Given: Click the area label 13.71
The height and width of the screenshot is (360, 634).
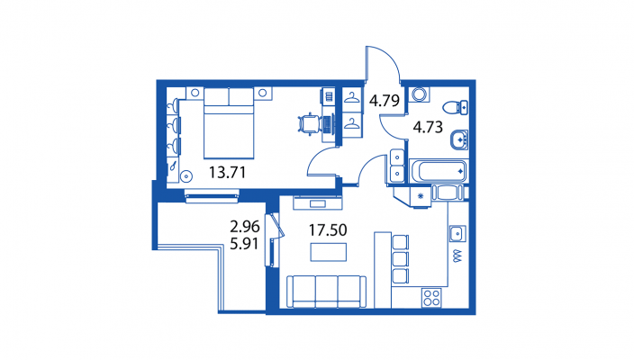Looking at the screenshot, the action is click(227, 173).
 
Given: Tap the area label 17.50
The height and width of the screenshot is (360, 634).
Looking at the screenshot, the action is click(328, 229).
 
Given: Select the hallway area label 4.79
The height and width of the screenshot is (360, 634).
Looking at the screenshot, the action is click(385, 100).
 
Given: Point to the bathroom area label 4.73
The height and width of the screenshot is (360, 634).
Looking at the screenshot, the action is click(428, 127).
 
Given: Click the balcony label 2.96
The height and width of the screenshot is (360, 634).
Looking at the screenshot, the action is click(245, 227).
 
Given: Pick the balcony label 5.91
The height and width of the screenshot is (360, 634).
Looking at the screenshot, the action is click(244, 244).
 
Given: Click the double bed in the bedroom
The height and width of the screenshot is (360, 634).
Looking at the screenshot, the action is click(229, 122).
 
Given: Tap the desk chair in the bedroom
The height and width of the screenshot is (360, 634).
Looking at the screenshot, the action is click(308, 123).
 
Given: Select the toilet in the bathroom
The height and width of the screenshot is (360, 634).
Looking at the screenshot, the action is click(456, 107).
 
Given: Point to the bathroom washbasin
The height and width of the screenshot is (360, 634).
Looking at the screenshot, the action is click(459, 139).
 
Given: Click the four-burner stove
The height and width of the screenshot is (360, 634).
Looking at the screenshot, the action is click(431, 298).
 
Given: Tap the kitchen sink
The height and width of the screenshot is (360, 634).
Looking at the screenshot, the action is click(457, 233).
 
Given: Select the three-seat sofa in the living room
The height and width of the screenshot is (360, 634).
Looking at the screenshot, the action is click(326, 292).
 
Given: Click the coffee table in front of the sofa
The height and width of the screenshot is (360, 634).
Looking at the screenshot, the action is click(329, 252).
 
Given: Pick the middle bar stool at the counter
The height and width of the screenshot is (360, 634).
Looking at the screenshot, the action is click(400, 259).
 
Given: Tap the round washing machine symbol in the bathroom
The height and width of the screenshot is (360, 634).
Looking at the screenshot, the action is click(419, 94).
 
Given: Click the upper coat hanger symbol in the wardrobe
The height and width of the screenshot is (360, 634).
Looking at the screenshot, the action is click(352, 97).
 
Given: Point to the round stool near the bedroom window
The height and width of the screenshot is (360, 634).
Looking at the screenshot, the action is click(186, 176).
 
